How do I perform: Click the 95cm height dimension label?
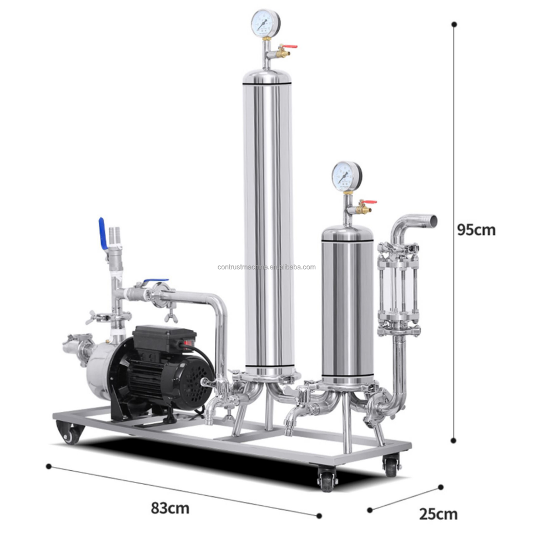pos(476,230)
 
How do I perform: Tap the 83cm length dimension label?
pos(170,508)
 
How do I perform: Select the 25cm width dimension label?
pos(438,514)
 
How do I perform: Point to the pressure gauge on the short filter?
pos(346,176)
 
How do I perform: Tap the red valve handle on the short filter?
pos(370,202)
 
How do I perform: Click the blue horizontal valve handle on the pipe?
pos(155,281)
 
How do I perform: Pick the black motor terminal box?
pos(164,338)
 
